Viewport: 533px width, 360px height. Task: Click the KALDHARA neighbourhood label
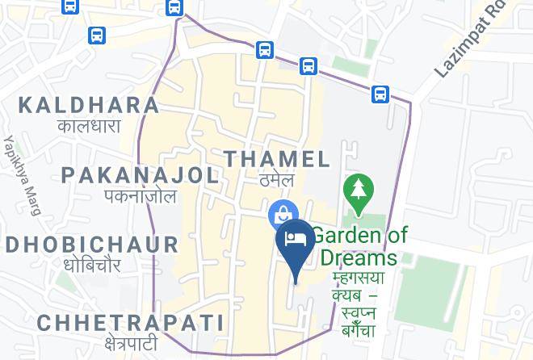(x=89, y=105)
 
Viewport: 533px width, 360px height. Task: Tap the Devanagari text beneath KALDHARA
(x=89, y=126)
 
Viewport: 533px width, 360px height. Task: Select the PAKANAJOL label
(x=140, y=175)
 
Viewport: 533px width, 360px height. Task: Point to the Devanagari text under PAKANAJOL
(x=140, y=196)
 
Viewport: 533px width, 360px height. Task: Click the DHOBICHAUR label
(x=91, y=245)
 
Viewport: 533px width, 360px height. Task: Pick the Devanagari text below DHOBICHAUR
(x=91, y=265)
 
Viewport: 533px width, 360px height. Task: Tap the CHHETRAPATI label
(x=130, y=323)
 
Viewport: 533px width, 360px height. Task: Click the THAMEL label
(x=277, y=159)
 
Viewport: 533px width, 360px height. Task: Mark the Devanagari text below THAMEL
(x=271, y=180)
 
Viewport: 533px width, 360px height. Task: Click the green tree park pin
(x=357, y=191)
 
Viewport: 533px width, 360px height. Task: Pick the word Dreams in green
(x=359, y=257)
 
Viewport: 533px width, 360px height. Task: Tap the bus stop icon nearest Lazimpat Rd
(x=380, y=94)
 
